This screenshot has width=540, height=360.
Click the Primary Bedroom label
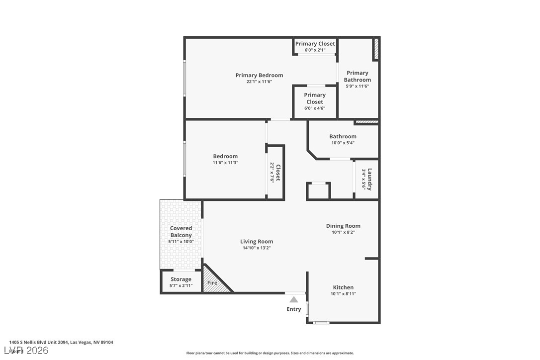[x=259, y=75]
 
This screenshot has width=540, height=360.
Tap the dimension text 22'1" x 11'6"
[x=259, y=82]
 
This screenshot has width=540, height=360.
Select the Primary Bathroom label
[x=357, y=76]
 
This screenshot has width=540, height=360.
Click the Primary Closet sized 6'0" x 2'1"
[x=315, y=44]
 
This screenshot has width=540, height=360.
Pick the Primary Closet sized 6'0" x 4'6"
[x=315, y=98]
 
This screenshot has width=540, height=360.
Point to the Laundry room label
[x=369, y=180]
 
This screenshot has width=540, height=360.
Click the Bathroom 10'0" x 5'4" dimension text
[x=343, y=143]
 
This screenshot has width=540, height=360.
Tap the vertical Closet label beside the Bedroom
[x=278, y=172]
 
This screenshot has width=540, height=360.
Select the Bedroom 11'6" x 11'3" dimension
[x=225, y=163]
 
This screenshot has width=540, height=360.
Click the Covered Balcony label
[x=181, y=232]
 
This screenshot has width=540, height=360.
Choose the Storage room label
[x=181, y=279]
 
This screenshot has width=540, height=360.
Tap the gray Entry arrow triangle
[x=294, y=299]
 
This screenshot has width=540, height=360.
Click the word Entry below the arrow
[x=294, y=309]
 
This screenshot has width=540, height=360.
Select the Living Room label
[x=257, y=242]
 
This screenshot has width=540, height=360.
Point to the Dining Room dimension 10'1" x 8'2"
[x=343, y=232]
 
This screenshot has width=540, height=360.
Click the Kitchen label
[x=343, y=287]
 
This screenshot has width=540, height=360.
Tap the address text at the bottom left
[x=61, y=342]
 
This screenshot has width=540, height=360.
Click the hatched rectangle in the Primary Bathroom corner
[x=376, y=49]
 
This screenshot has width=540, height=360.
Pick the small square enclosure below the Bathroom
[x=318, y=191]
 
